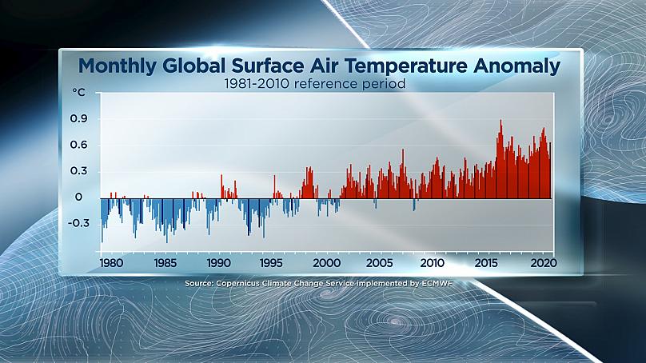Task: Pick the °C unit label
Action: (x=78, y=93)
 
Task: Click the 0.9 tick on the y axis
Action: (x=78, y=118)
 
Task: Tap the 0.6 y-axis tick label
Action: (x=78, y=145)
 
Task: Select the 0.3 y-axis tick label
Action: (x=78, y=170)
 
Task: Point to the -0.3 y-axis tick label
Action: (x=77, y=223)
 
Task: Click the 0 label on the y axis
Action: (x=78, y=197)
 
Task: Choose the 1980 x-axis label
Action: (x=111, y=263)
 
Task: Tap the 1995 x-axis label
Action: (x=271, y=263)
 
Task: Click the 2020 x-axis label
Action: (x=544, y=263)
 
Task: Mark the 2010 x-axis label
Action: (x=433, y=263)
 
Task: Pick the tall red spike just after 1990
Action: (x=221, y=176)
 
